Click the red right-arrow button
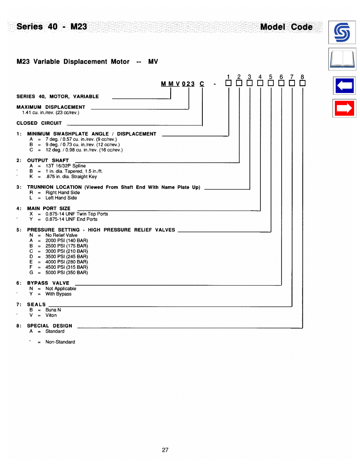344,109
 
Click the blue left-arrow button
344,86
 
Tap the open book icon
342,60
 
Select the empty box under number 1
229,83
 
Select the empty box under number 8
302,83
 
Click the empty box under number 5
271,83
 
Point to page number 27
165,450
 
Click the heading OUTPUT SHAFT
48,160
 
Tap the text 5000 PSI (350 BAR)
67,273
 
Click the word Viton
51,315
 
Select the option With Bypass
58,294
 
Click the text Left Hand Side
61,198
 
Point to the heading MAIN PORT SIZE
49,208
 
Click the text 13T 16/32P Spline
65,166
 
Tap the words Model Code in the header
287,27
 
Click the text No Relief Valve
62,235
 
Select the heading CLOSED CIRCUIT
39,123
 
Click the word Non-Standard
60,342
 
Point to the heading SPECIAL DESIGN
49,326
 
